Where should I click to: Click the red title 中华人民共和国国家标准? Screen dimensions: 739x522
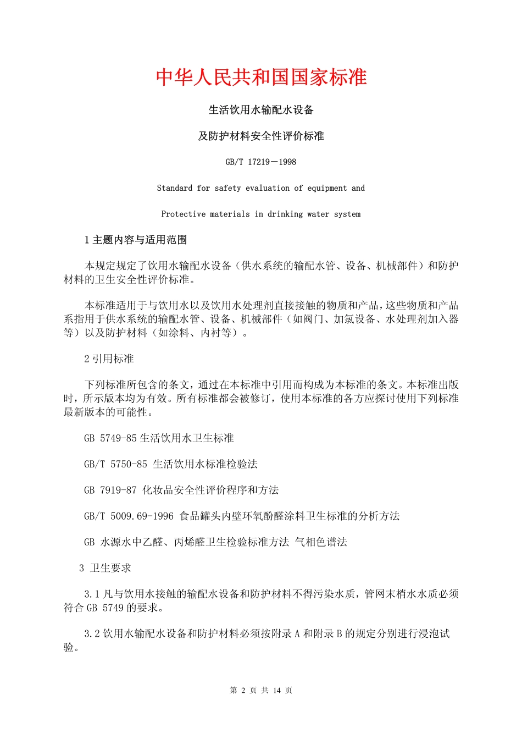pyautogui.click(x=261, y=77)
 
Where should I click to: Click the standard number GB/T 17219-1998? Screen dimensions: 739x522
pyautogui.click(x=261, y=162)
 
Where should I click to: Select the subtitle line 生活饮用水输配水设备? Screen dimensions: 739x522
pyautogui.click(x=261, y=110)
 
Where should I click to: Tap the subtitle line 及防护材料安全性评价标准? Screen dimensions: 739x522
pyautogui.click(x=261, y=136)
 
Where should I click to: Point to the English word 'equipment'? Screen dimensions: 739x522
pyautogui.click(x=327, y=188)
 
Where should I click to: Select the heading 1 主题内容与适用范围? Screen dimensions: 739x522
pyautogui.click(x=136, y=240)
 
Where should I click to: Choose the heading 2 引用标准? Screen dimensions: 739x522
pyautogui.click(x=109, y=359)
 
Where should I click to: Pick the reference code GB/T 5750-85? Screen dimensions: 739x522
pyautogui.click(x=115, y=464)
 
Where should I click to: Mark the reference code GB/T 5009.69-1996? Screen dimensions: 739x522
pyautogui.click(x=129, y=516)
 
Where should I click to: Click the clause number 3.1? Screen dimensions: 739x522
pyautogui.click(x=92, y=594)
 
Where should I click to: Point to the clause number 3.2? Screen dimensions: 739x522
pyautogui.click(x=92, y=633)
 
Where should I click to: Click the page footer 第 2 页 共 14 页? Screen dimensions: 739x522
pyautogui.click(x=261, y=690)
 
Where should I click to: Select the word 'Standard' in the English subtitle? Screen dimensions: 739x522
pyautogui.click(x=175, y=188)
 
